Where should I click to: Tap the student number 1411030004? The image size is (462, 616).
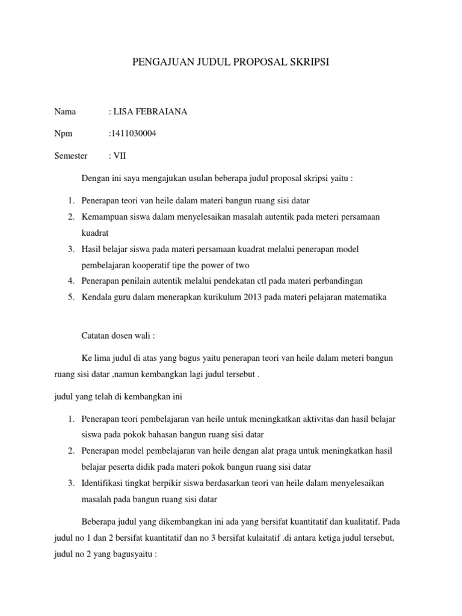coord(133,134)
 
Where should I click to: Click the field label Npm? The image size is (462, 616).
coord(63,134)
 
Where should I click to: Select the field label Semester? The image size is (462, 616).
coord(71,156)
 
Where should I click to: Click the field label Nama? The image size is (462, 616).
coord(66,112)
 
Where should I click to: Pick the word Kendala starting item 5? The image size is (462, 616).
coord(97,297)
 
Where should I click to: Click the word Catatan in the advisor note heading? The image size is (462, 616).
coord(96,336)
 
